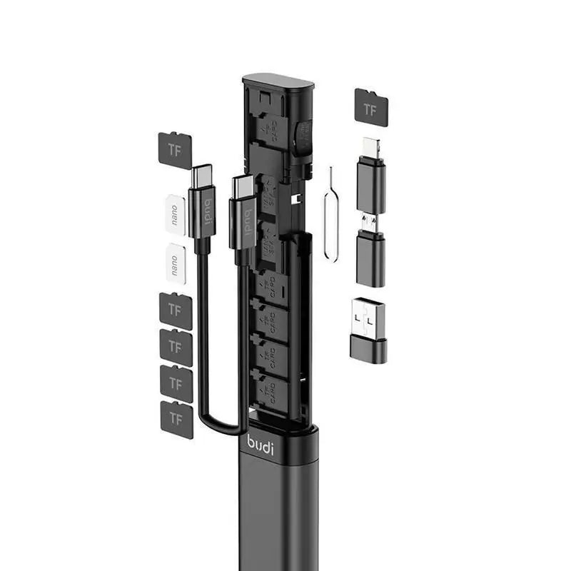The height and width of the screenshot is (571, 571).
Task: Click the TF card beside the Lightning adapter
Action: tap(371, 107)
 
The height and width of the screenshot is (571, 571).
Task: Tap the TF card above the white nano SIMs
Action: tap(174, 150)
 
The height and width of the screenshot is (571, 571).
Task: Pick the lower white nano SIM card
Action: tap(175, 263)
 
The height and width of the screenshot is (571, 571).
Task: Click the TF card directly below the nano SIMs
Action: tap(176, 310)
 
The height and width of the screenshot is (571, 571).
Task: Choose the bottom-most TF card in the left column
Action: tap(176, 419)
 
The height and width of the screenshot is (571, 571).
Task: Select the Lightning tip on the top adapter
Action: tap(371, 147)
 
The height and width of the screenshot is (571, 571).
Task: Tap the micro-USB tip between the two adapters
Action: tap(368, 223)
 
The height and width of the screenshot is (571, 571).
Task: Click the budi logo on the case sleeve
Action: tap(261, 442)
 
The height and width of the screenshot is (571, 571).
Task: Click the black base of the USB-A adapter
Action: tap(369, 350)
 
